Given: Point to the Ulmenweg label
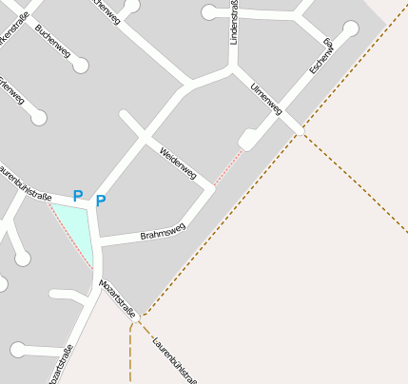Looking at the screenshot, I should coord(266,99).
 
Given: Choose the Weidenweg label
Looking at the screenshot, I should coord(179,163).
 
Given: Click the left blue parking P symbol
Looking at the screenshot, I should coord(78,196).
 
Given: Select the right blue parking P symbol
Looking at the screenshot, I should coord(101,201).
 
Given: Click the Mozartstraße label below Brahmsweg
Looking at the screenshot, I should coord(119,298).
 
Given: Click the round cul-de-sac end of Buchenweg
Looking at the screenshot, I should coord(81,66).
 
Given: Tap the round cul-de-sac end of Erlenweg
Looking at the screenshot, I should coord(38,118).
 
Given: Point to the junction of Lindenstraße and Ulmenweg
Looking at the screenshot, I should coord(233,68).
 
